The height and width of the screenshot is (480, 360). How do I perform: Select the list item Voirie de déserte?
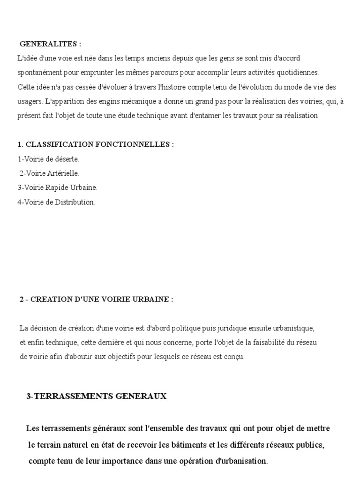click(48, 159)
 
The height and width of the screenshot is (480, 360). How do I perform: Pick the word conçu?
click(232, 357)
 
